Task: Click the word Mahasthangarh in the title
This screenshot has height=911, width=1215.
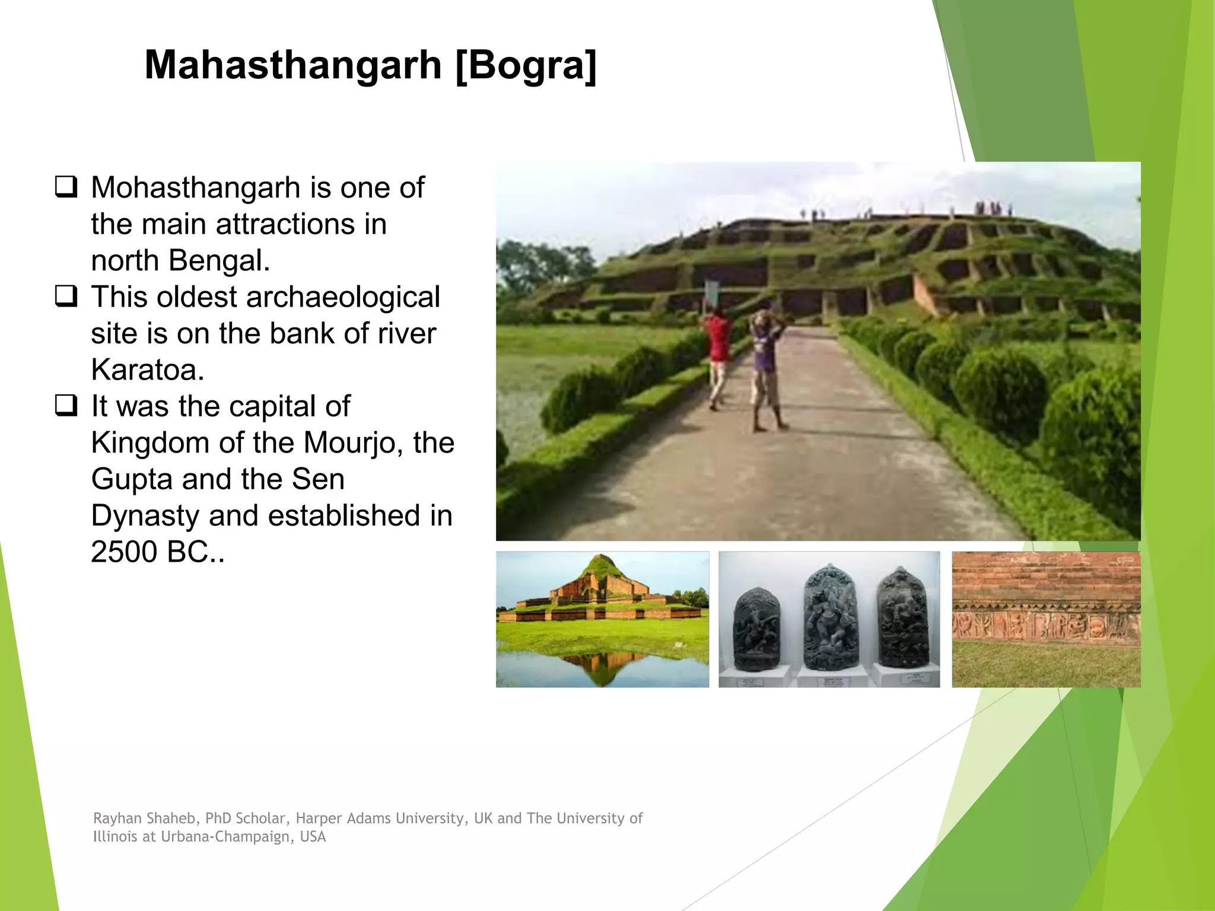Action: tap(293, 65)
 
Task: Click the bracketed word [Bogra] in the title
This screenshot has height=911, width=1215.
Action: tap(526, 65)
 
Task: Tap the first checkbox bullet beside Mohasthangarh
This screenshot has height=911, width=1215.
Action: tap(66, 187)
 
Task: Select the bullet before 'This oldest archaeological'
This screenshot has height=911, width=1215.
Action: tap(66, 296)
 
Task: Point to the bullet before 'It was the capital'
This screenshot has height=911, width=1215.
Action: tap(66, 405)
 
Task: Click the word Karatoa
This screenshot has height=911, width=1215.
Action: tap(148, 370)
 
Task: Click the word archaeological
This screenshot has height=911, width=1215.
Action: tap(343, 297)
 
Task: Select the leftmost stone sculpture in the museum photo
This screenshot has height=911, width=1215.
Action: tap(758, 629)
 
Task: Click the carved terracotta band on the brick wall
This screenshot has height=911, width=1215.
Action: tap(1046, 623)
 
